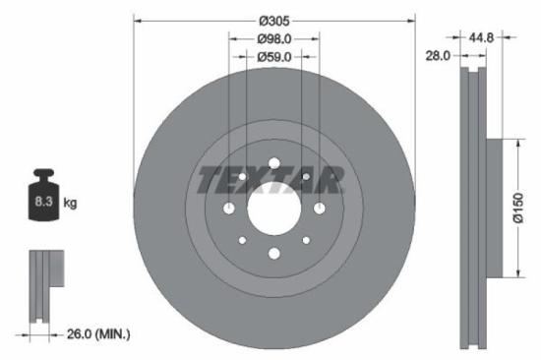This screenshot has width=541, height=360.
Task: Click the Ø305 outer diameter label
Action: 274,21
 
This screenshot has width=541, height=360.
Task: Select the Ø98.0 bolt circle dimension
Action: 274,38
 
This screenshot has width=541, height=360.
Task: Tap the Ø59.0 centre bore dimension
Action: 274,56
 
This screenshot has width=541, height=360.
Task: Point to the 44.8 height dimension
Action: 480,37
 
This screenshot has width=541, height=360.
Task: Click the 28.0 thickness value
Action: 438,56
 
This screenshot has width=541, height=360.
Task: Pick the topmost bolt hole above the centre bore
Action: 273,162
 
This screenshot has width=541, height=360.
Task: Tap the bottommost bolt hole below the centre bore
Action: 273,254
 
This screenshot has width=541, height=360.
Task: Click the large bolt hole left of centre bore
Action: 228,208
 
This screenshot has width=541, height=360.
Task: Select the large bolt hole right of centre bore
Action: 319,208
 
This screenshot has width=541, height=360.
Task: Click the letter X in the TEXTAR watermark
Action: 258,180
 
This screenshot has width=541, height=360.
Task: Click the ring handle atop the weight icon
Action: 45,176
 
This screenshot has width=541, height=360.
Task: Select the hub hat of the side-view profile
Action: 502,208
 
